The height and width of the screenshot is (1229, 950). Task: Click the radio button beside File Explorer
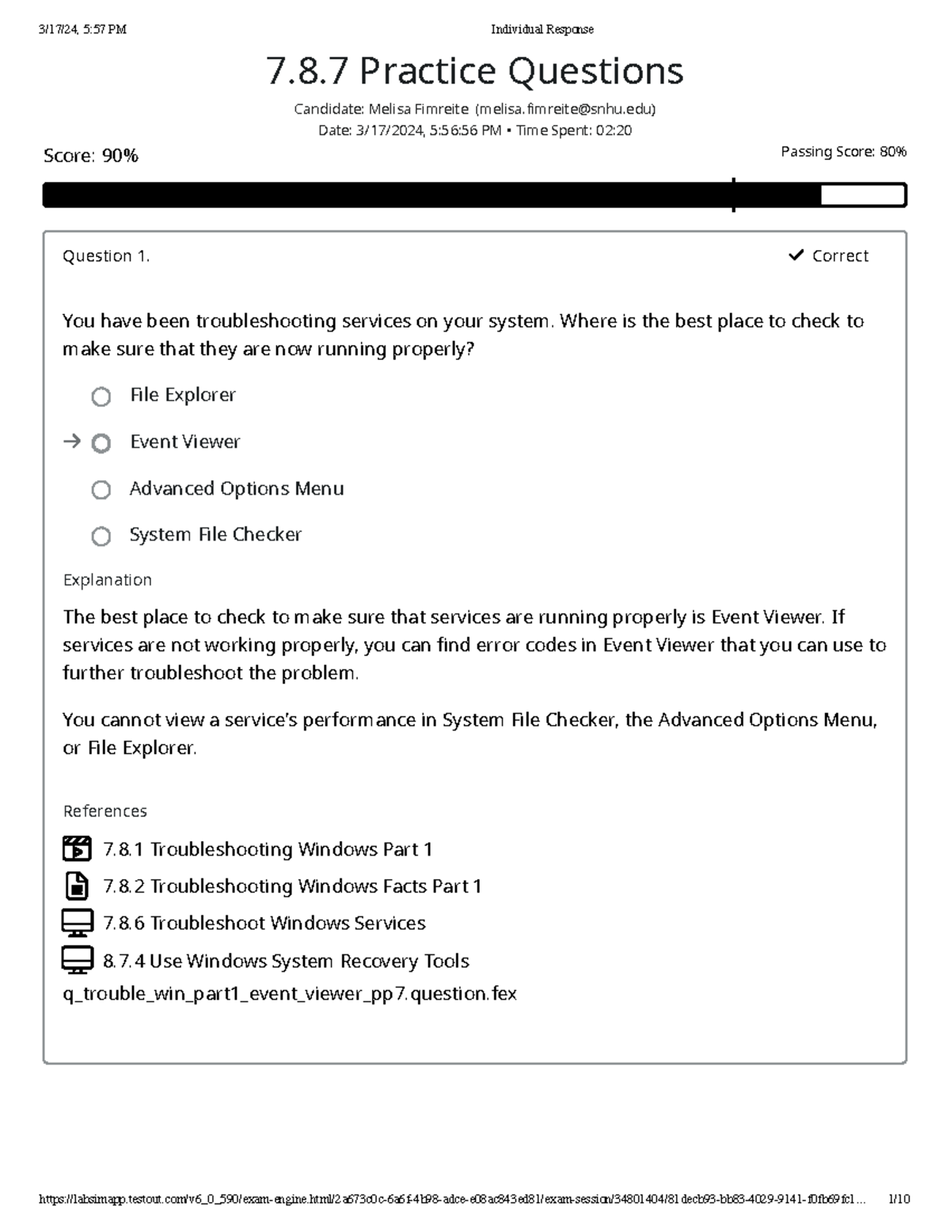[101, 396]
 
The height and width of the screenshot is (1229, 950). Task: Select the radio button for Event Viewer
[101, 443]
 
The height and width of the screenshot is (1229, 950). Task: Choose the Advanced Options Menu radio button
[101, 490]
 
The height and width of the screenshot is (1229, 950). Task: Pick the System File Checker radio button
[101, 537]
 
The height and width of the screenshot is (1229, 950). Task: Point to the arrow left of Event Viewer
[72, 442]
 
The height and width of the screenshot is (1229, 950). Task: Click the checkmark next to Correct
[796, 255]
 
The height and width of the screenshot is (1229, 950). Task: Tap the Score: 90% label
[91, 156]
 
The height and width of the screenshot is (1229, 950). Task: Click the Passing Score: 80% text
[843, 152]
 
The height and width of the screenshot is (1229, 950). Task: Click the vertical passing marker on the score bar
[734, 195]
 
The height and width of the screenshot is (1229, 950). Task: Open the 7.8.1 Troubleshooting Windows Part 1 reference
[268, 849]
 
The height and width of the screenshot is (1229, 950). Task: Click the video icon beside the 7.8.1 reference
[77, 848]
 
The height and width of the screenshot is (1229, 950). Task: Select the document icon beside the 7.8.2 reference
[77, 886]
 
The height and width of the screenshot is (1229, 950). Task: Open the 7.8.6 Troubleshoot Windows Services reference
[264, 923]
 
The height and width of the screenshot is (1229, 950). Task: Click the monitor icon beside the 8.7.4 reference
[77, 960]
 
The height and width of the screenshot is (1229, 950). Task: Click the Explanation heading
[107, 580]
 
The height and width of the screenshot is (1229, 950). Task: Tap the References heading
[104, 811]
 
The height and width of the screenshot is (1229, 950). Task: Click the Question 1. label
[106, 256]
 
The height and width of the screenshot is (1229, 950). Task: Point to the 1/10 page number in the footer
[899, 1199]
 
